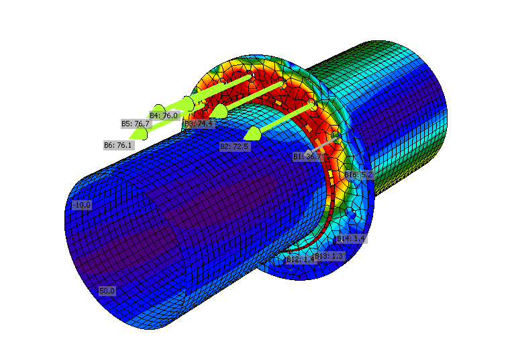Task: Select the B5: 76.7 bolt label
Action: [135, 124]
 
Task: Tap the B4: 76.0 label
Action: [164, 116]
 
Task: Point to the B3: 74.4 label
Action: [198, 124]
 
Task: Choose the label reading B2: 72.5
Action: [234, 146]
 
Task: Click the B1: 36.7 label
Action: [308, 156]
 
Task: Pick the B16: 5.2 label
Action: [358, 175]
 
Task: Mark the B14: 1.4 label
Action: [350, 238]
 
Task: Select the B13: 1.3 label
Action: [329, 256]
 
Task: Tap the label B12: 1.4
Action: [300, 259]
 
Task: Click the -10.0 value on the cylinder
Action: [82, 205]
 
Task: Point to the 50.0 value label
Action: [107, 291]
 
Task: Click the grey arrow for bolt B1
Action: [322, 144]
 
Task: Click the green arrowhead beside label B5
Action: [158, 109]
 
